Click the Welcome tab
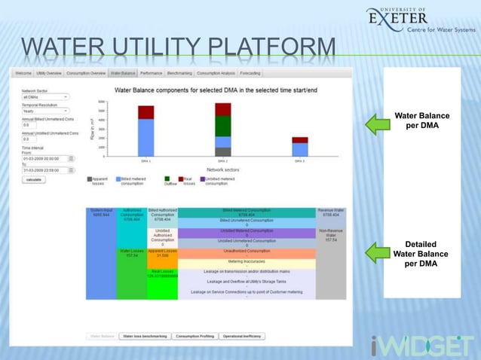pyautogui.click(x=23, y=74)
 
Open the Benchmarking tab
pyautogui.click(x=179, y=74)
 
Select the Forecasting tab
pyautogui.click(x=250, y=74)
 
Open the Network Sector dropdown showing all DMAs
pyautogui.click(x=45, y=96)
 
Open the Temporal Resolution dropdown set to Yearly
pyautogui.click(x=45, y=111)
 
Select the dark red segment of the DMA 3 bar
pyautogui.click(x=299, y=140)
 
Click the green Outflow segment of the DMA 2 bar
pyautogui.click(x=222, y=126)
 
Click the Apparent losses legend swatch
pyautogui.click(x=90, y=179)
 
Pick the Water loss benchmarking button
pyautogui.click(x=144, y=336)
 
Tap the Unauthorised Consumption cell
pyautogui.click(x=246, y=251)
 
